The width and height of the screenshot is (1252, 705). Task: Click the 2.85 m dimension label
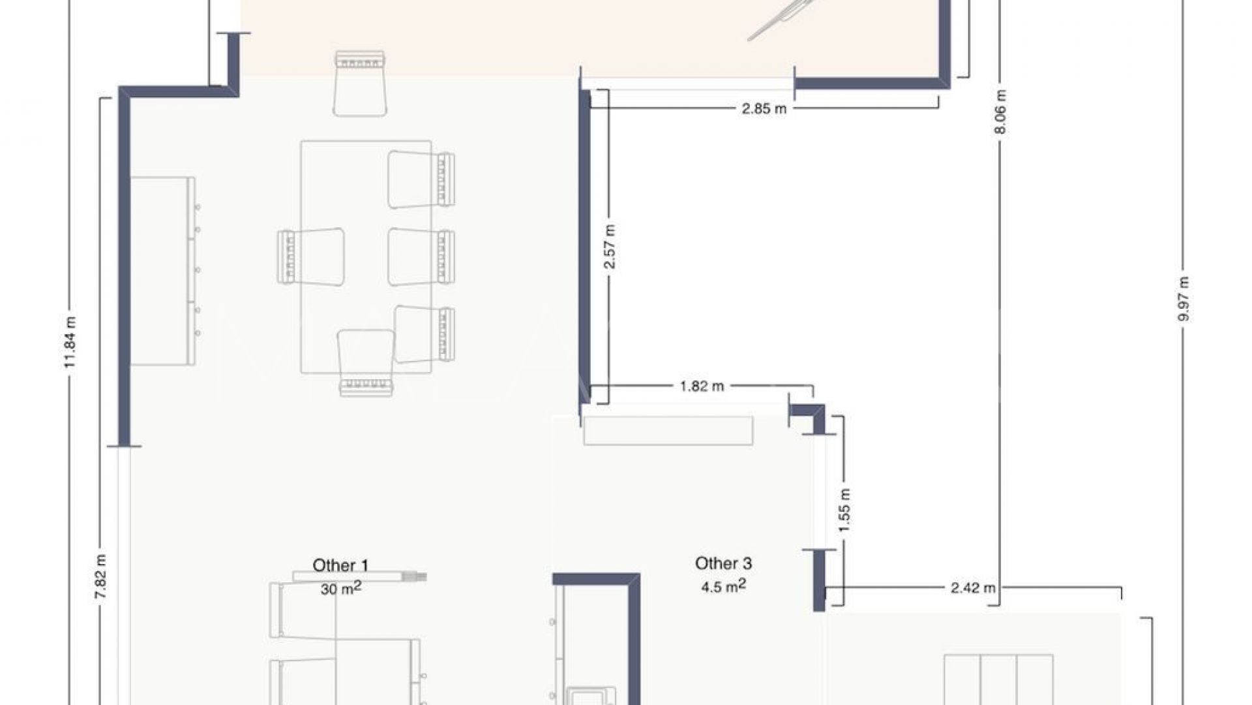(x=764, y=108)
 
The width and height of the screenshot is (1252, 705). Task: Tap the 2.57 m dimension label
(x=609, y=247)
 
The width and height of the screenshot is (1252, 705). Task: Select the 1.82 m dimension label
(x=702, y=386)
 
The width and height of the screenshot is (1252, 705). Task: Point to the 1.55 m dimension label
(x=844, y=510)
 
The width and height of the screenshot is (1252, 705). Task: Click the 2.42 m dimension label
(x=973, y=587)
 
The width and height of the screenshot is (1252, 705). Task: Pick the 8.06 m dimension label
(x=1001, y=112)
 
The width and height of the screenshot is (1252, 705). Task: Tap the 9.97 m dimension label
(x=1184, y=299)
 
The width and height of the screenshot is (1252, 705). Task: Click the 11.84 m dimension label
(x=70, y=341)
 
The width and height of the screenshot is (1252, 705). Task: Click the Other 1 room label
(x=340, y=565)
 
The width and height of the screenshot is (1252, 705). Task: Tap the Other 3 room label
(x=723, y=563)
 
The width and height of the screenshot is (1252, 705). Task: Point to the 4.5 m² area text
(x=723, y=586)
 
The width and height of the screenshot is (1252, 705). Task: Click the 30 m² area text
(x=340, y=588)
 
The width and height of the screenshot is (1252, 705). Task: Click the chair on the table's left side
(x=310, y=257)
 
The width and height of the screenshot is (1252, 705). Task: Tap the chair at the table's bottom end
(x=366, y=363)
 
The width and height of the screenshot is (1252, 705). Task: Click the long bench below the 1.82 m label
(x=668, y=431)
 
